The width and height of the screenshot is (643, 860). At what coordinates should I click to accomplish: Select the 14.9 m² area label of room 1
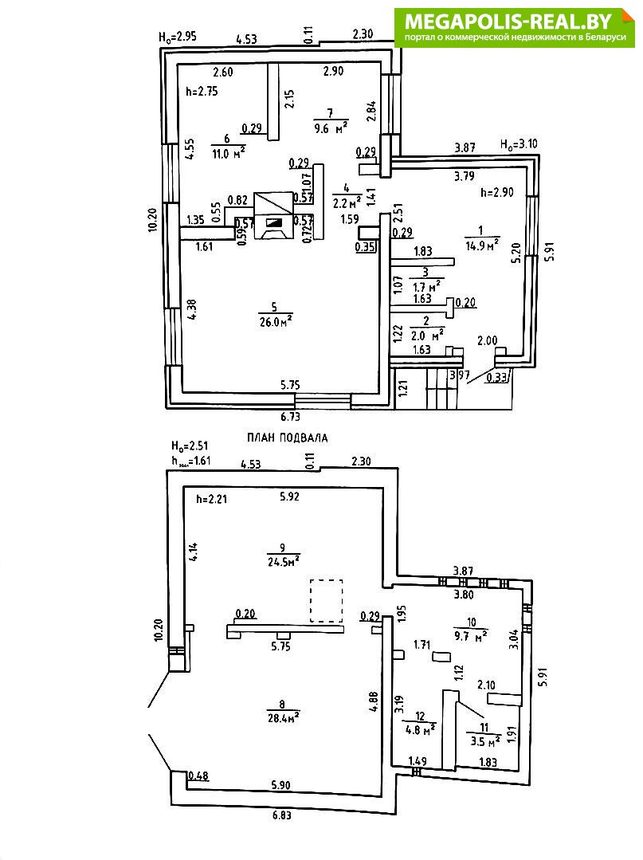pyautogui.click(x=481, y=245)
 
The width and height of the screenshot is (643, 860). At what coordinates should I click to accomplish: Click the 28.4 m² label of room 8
pyautogui.click(x=282, y=715)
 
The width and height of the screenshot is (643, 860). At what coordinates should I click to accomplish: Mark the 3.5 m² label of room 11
pyautogui.click(x=484, y=740)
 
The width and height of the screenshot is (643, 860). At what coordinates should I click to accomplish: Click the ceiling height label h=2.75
pyautogui.click(x=201, y=91)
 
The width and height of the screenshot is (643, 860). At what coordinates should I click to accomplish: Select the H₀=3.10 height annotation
pyautogui.click(x=517, y=144)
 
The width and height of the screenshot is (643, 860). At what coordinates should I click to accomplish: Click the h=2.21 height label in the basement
pyautogui.click(x=212, y=500)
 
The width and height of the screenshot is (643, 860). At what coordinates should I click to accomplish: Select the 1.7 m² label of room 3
pyautogui.click(x=425, y=285)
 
